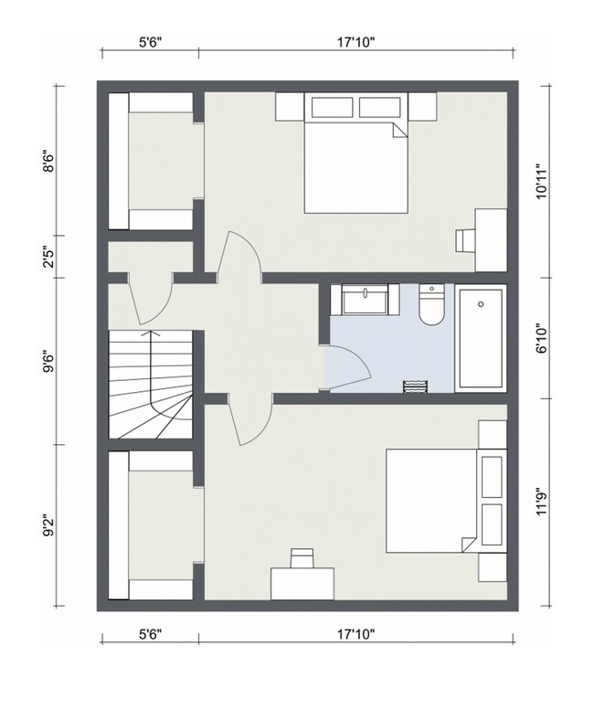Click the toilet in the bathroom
coord(431,305)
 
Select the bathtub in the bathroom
coord(481,338)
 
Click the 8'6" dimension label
coord(48,164)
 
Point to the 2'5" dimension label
coord(48,257)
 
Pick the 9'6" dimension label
coord(48,363)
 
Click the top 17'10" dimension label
coord(356,43)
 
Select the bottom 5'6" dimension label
coord(150,634)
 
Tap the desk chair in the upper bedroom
coord(465,240)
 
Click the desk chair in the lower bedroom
coord(302,558)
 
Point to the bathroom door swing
coord(347,367)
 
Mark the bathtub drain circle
coord(481,304)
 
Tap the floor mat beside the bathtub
coord(415,386)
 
